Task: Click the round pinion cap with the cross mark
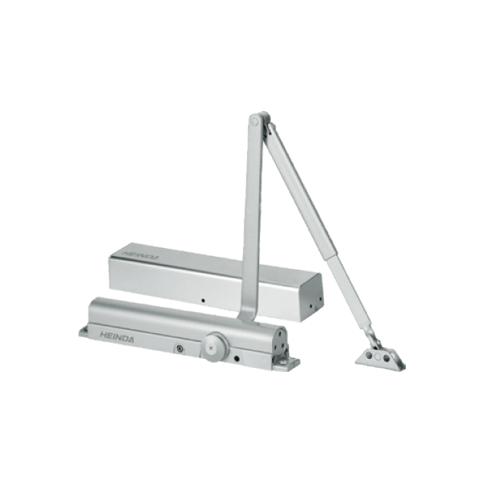pos(215,347)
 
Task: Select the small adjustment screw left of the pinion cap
pos(179,349)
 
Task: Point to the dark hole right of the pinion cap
pos(237,359)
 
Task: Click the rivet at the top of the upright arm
pos(254,122)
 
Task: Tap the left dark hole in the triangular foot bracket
pos(369,357)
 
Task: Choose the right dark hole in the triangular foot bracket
pos(385,358)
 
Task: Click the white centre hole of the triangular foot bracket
pos(377,357)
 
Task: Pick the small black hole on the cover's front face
pos(203,300)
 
